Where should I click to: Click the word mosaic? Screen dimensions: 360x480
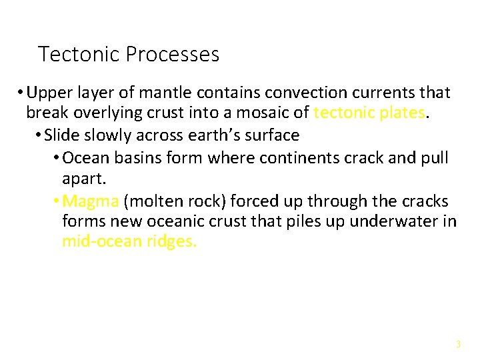click(264, 113)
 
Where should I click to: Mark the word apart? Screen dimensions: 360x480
click(82, 179)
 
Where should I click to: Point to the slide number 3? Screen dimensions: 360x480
click(458, 345)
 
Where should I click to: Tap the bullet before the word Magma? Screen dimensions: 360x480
click(56, 201)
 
